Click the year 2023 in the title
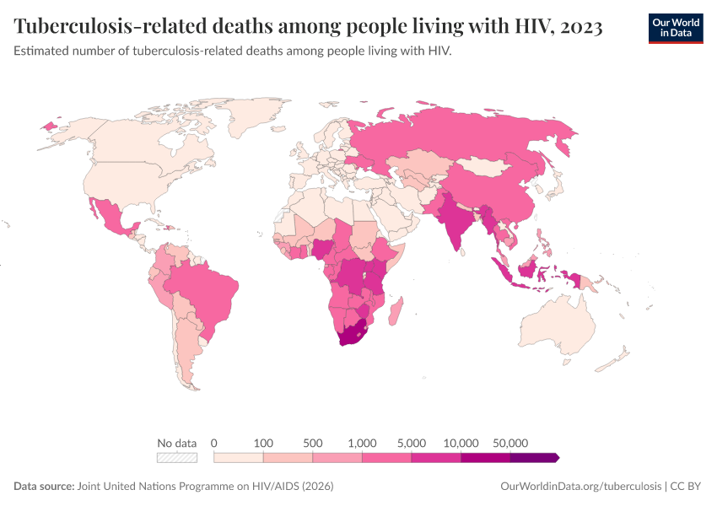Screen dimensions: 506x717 pos(580,27)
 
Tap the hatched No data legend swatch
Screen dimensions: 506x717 pos(177,457)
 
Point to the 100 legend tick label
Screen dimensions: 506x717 pos(263,443)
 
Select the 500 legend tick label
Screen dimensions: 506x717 pos(313,443)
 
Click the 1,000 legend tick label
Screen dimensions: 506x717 pos(362,443)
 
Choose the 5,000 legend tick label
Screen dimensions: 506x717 pos(412,443)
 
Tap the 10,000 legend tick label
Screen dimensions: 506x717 pos(461,443)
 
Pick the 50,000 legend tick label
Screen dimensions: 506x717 pos(510,443)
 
